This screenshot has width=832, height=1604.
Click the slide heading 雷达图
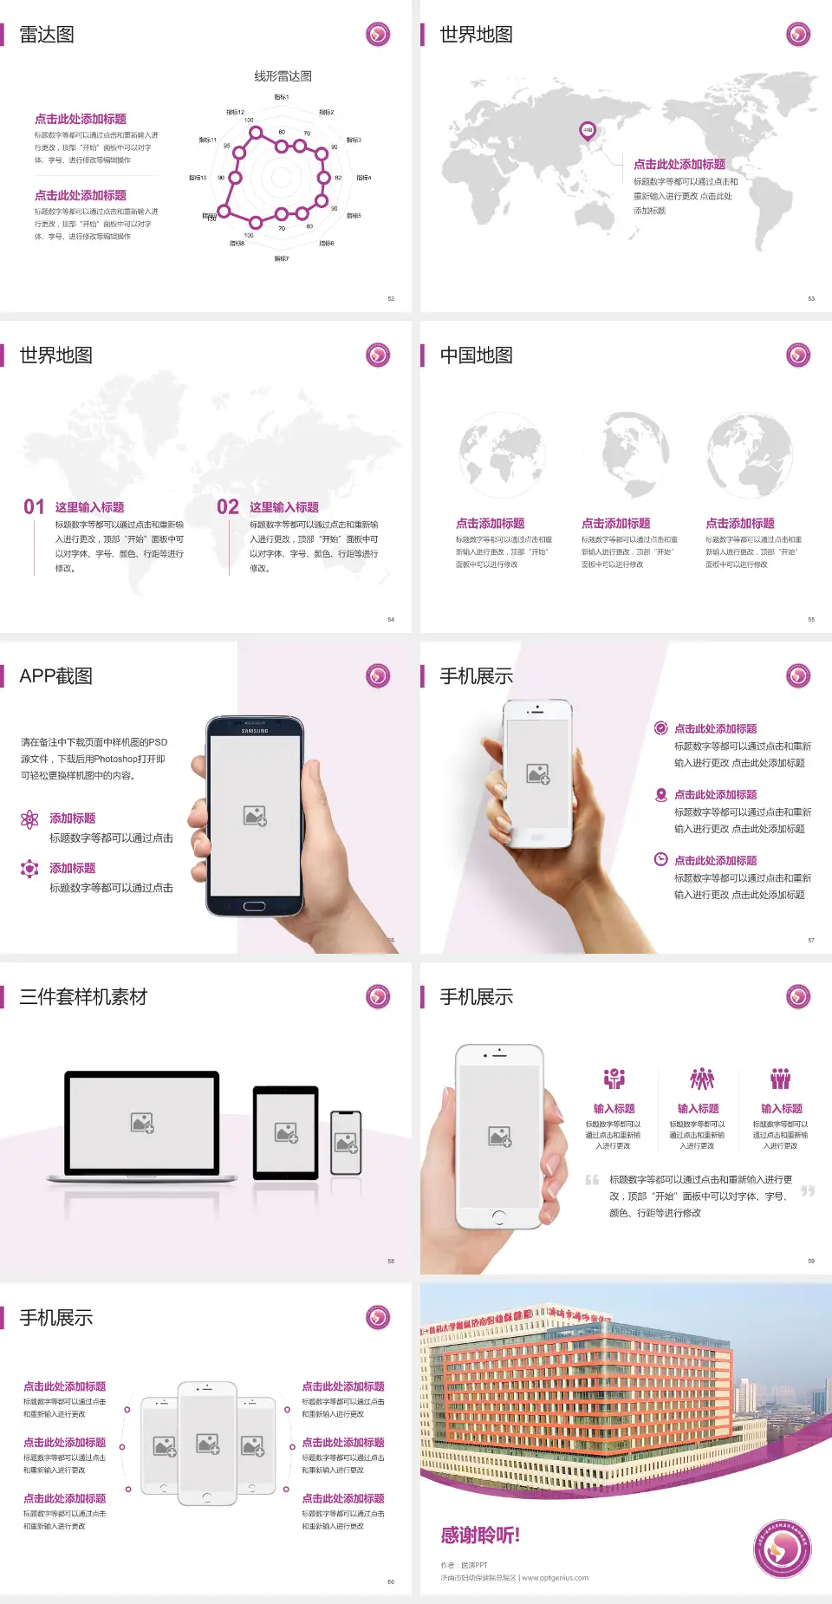(47, 35)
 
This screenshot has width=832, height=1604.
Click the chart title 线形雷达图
(283, 76)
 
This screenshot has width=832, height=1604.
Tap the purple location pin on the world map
(588, 131)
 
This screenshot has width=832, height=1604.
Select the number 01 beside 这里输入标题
(34, 507)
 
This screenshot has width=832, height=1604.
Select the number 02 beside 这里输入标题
(228, 507)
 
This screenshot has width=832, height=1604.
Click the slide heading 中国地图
(476, 355)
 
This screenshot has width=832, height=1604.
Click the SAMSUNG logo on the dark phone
(255, 731)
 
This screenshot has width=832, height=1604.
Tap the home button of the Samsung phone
(254, 906)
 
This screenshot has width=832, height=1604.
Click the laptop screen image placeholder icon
(142, 1123)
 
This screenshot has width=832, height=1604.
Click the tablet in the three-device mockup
(286, 1132)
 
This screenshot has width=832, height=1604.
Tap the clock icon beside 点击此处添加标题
(660, 859)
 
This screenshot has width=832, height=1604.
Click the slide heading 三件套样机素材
(83, 997)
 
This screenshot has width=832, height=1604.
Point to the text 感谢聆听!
(480, 1536)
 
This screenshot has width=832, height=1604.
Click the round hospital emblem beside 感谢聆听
(783, 1549)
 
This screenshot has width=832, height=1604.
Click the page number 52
(391, 298)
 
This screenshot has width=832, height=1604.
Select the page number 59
(811, 1261)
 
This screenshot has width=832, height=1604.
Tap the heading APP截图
(55, 676)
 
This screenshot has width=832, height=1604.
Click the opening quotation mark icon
(592, 1179)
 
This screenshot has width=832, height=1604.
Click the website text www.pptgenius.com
(556, 1578)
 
